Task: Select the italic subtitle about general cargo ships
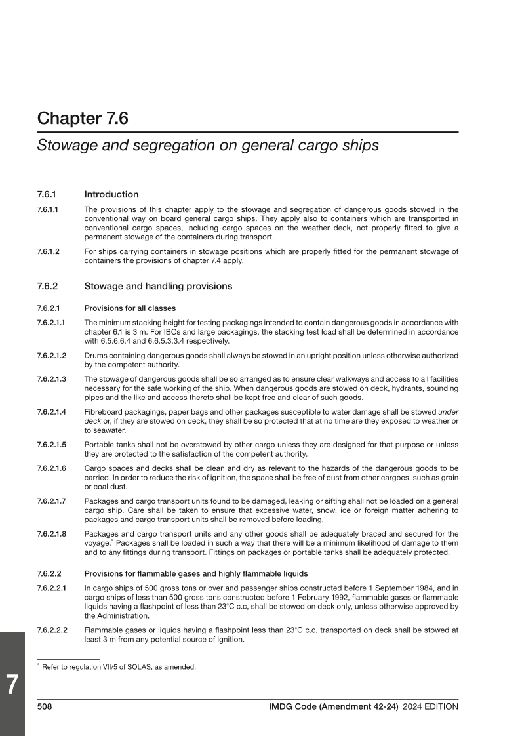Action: (x=208, y=146)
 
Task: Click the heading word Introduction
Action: (x=111, y=194)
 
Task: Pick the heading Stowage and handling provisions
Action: (x=158, y=286)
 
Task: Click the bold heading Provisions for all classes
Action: (x=129, y=308)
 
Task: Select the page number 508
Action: (x=45, y=706)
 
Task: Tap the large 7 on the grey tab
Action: (x=12, y=684)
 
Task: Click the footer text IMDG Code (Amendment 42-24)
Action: (x=334, y=706)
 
